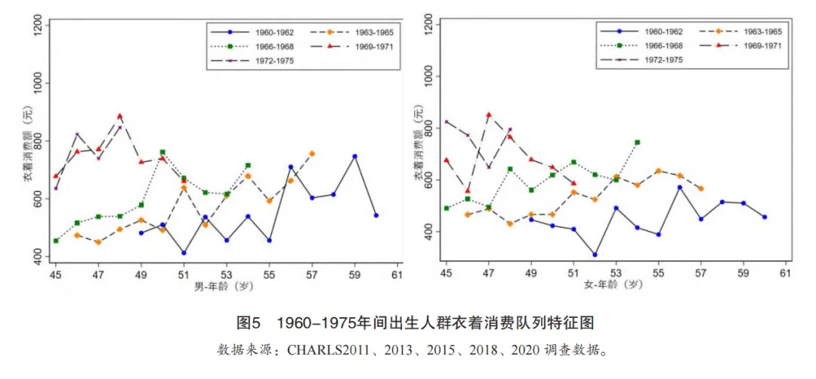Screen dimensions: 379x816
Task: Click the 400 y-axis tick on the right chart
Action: click(x=429, y=233)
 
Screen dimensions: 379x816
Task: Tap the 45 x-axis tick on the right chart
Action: click(x=447, y=272)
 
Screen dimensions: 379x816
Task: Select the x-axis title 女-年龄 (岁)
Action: click(x=617, y=285)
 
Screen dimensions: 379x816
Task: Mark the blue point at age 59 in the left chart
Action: click(x=354, y=156)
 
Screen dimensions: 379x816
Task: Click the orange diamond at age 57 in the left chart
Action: click(x=312, y=153)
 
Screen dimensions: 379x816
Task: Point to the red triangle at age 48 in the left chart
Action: click(x=119, y=116)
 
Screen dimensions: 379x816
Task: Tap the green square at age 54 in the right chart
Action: click(x=637, y=142)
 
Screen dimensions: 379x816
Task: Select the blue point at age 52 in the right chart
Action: click(x=595, y=254)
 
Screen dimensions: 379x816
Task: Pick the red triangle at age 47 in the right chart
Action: click(x=489, y=115)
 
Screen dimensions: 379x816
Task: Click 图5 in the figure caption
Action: click(x=249, y=323)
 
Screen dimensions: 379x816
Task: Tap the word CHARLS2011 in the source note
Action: click(x=320, y=350)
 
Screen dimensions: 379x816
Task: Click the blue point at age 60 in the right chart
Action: click(x=765, y=217)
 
